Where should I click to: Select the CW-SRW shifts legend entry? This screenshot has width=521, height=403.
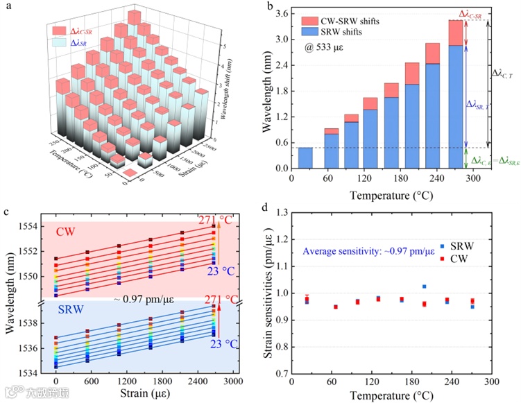(350, 21)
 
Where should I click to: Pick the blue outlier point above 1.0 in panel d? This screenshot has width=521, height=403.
(424, 286)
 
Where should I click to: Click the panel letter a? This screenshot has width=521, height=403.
(6, 6)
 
